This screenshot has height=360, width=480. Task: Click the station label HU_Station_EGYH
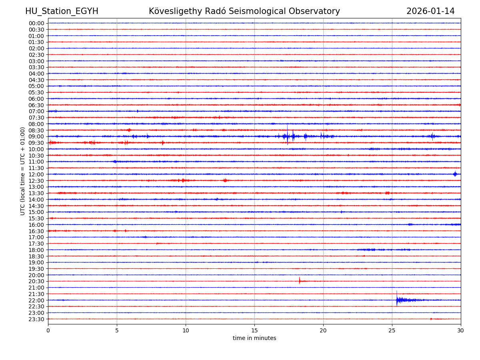pos(62,12)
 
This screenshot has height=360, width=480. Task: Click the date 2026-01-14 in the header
pos(430,12)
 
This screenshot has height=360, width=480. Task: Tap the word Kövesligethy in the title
pos(175,12)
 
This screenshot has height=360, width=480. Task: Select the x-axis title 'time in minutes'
pos(254,338)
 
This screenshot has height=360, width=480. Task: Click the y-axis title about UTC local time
pos(23,171)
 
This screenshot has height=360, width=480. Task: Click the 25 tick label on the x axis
pos(392,331)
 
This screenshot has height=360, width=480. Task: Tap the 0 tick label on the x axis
pos(48,331)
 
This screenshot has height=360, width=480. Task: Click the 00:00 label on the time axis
pos(36,23)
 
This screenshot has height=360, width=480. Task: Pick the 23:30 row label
pos(36,319)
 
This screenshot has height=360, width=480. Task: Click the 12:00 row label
pos(36,174)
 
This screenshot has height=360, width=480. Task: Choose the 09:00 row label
pos(36,136)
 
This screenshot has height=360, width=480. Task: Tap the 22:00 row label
pos(36,300)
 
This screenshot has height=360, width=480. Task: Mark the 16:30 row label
pos(36,231)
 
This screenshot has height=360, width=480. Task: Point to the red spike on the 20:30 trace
pos(299,281)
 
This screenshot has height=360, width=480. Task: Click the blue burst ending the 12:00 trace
pos(455,174)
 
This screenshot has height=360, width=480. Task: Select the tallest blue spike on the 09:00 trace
pos(287,134)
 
